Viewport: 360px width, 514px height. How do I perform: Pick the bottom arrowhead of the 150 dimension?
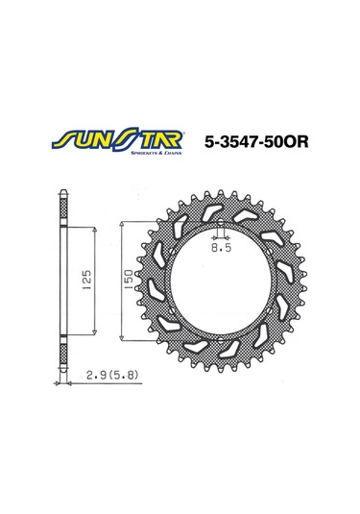click(x=120, y=339)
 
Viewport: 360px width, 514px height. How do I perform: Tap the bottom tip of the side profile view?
click(x=63, y=370)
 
